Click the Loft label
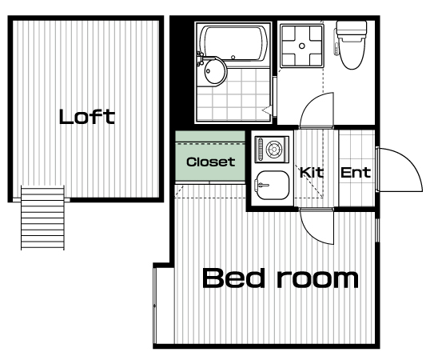[x=87, y=117]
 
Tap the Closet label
[x=211, y=162]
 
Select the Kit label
[x=311, y=173]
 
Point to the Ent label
[x=356, y=173]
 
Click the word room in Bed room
[x=318, y=279]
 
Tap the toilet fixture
[x=351, y=45]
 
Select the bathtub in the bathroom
[x=234, y=43]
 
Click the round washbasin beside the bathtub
[x=215, y=71]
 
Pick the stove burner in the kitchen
[x=273, y=150]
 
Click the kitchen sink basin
[x=273, y=186]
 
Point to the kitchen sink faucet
[x=261, y=186]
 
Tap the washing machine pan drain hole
[x=301, y=46]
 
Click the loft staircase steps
[x=42, y=218]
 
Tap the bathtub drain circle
[x=233, y=58]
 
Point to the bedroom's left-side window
[x=155, y=305]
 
